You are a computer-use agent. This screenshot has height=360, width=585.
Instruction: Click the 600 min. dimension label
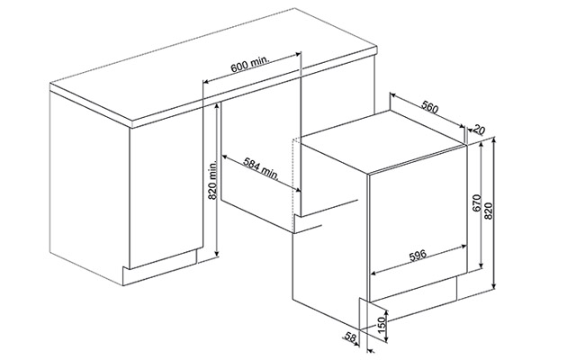point(250,65)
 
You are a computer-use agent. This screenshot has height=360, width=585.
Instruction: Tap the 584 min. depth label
point(261,168)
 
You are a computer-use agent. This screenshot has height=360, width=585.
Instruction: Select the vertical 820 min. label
point(212,180)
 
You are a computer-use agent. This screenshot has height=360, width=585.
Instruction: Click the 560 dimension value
point(429,107)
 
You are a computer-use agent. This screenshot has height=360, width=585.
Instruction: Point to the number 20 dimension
point(479,130)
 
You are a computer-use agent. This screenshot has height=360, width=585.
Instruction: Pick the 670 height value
point(477,202)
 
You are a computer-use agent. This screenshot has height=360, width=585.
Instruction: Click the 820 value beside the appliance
point(489,211)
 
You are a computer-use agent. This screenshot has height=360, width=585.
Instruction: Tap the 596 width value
point(418,256)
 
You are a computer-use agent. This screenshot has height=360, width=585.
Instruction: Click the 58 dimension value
point(350,337)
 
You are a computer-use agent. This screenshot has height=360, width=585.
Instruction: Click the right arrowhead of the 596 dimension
point(464,247)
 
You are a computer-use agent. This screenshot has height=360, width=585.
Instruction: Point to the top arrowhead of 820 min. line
point(217,106)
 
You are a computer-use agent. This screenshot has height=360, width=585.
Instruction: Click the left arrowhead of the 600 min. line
point(206,81)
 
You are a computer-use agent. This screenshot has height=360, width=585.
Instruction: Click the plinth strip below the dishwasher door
point(413,288)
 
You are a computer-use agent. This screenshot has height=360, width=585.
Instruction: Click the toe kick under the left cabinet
point(159,268)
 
